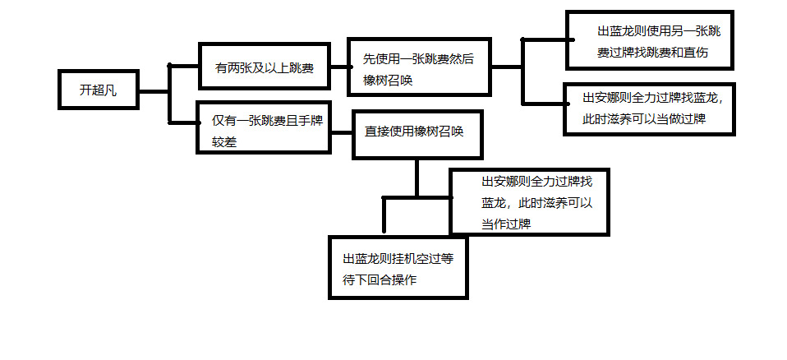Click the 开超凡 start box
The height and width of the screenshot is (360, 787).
tap(97, 89)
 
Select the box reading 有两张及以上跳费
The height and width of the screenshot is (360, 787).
tap(264, 67)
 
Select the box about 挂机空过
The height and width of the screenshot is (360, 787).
tap(399, 268)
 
